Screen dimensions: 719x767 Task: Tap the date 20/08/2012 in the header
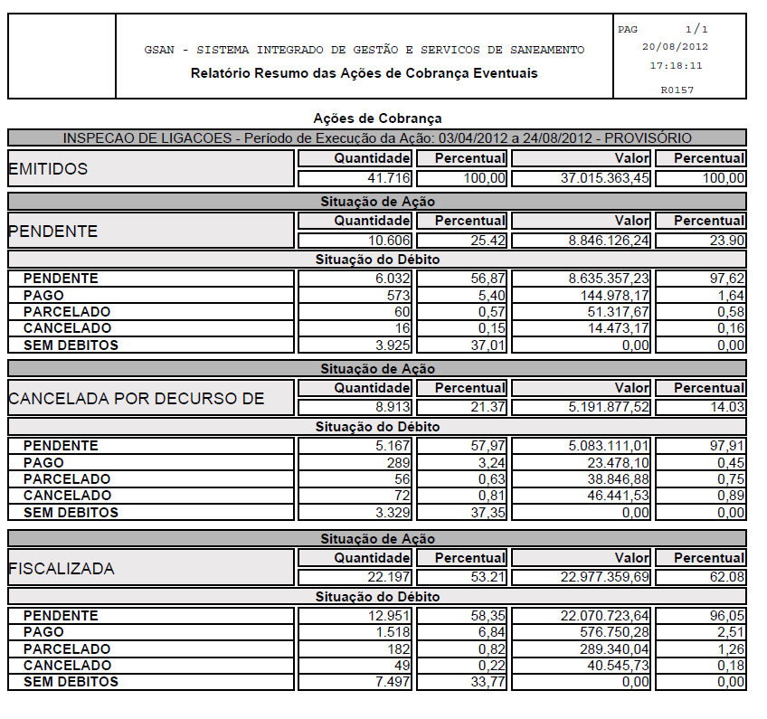click(675, 46)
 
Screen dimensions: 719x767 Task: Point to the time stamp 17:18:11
click(676, 65)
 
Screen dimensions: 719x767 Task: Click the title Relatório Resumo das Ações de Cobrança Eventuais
click(364, 72)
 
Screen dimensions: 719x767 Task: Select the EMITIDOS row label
click(48, 169)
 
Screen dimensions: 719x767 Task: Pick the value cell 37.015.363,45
click(605, 179)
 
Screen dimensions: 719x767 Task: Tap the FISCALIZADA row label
click(62, 569)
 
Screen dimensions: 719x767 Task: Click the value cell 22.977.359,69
click(605, 578)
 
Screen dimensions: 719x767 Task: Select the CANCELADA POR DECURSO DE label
click(136, 399)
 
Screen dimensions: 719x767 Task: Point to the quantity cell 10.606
click(390, 241)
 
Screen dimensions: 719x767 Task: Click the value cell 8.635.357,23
click(605, 279)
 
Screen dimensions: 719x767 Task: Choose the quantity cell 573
click(397, 295)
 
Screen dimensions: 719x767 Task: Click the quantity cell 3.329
click(393, 513)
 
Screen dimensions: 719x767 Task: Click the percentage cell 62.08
click(724, 578)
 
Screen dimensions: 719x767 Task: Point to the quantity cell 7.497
click(393, 682)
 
